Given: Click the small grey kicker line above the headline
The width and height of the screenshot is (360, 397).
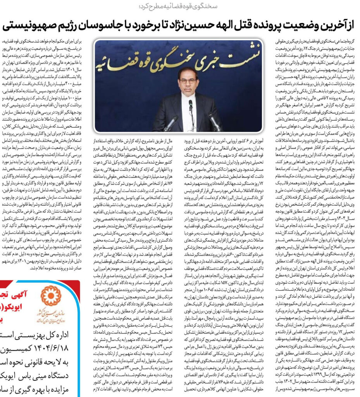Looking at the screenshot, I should [179, 7].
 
